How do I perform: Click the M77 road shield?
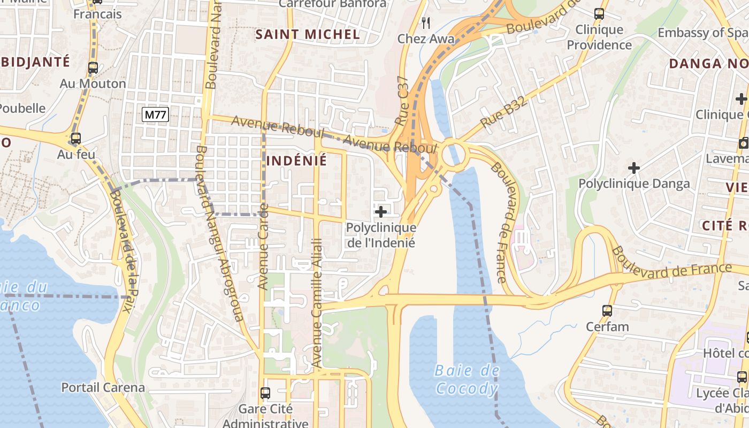(x=156, y=114)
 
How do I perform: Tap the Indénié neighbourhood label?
(x=296, y=160)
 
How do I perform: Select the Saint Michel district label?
(x=307, y=34)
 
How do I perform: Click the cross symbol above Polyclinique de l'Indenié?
(x=381, y=212)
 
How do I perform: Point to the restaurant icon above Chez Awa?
(x=426, y=22)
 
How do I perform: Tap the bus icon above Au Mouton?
(x=93, y=68)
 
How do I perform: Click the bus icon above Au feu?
(x=76, y=139)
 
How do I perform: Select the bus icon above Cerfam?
(x=607, y=310)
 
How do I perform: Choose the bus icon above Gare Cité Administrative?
(x=265, y=393)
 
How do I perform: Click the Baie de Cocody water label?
(x=467, y=379)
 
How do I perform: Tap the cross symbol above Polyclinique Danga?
(x=634, y=168)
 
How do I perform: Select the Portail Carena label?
(x=103, y=387)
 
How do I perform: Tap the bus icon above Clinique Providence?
(x=599, y=14)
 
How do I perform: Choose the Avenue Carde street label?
(x=263, y=247)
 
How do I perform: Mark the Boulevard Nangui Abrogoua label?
(x=219, y=233)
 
